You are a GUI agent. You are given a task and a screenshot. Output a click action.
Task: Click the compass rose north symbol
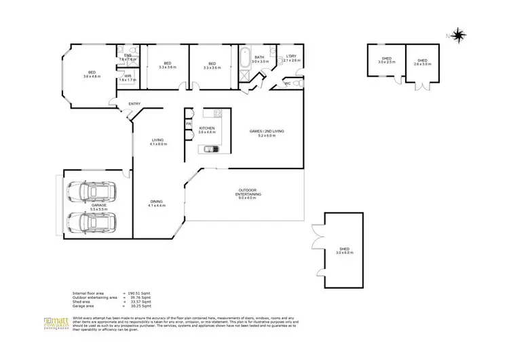pyautogui.click(x=459, y=33)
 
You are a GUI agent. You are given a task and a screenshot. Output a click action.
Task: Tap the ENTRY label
pyautogui.click(x=135, y=104)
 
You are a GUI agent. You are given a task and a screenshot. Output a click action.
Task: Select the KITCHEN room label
pyautogui.click(x=206, y=130)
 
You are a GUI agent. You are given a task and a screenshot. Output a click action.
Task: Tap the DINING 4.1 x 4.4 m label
pyautogui.click(x=157, y=203)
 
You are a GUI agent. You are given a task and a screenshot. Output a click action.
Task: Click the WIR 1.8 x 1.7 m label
pyautogui.click(x=128, y=78)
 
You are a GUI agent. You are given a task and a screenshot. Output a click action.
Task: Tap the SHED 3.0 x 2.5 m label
pyautogui.click(x=387, y=61)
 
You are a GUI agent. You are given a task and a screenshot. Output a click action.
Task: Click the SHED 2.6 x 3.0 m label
pyautogui.click(x=422, y=62)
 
